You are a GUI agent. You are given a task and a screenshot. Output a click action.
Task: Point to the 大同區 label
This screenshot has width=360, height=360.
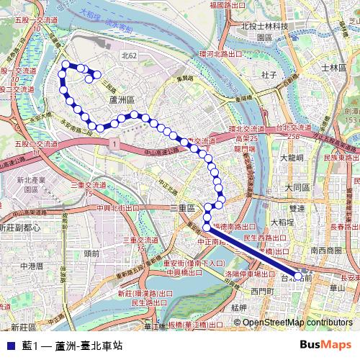pos(296,187)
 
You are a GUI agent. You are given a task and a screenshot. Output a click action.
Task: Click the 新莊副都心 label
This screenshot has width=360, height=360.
pos(20,228)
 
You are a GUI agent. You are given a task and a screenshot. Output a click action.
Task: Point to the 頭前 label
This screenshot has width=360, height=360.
pos(91,253)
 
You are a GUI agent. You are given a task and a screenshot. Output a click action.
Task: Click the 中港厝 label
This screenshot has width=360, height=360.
pos(32,266)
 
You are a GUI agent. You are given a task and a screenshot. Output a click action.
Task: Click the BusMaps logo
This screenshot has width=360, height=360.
pos(325,345)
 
